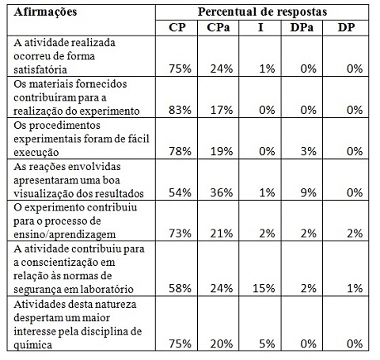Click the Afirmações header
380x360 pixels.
pos(45,12)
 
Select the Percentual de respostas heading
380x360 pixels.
pos(262,12)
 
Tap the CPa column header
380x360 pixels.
pos(218,28)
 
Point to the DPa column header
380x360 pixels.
pos(302,28)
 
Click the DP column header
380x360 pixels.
pos(347,28)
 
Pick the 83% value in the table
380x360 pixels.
pos(180,110)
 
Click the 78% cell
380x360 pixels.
pos(180,151)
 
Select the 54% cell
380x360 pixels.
pos(180,193)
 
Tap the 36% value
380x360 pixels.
pos(222,193)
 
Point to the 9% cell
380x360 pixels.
pos(309,193)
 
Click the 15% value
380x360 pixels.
pos(264,288)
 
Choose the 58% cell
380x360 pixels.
pos(180,288)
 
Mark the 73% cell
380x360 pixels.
pos(180,233)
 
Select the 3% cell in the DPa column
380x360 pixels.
pos(309,151)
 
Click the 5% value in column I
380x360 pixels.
pos(267,344)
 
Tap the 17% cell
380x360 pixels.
pos(222,110)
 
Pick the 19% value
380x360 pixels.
pos(222,151)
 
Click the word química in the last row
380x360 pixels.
pos(32,345)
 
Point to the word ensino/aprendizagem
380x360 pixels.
pos(65,235)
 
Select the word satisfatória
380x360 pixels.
pos(40,70)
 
